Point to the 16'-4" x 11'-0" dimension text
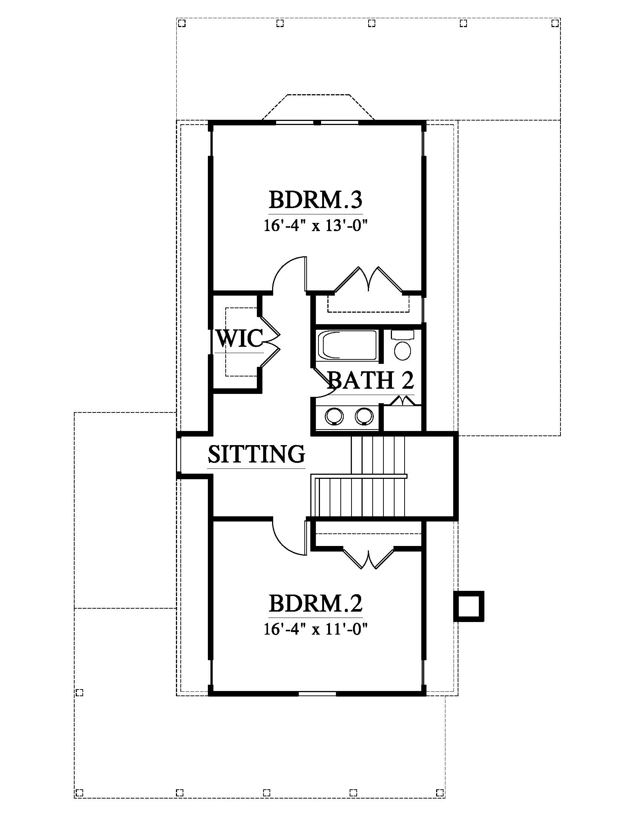tap(316, 629)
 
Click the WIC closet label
tap(240, 339)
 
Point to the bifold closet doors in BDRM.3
tap(369, 279)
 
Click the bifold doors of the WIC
tap(270, 342)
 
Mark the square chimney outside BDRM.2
tap(469, 606)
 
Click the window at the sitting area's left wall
tap(179, 455)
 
